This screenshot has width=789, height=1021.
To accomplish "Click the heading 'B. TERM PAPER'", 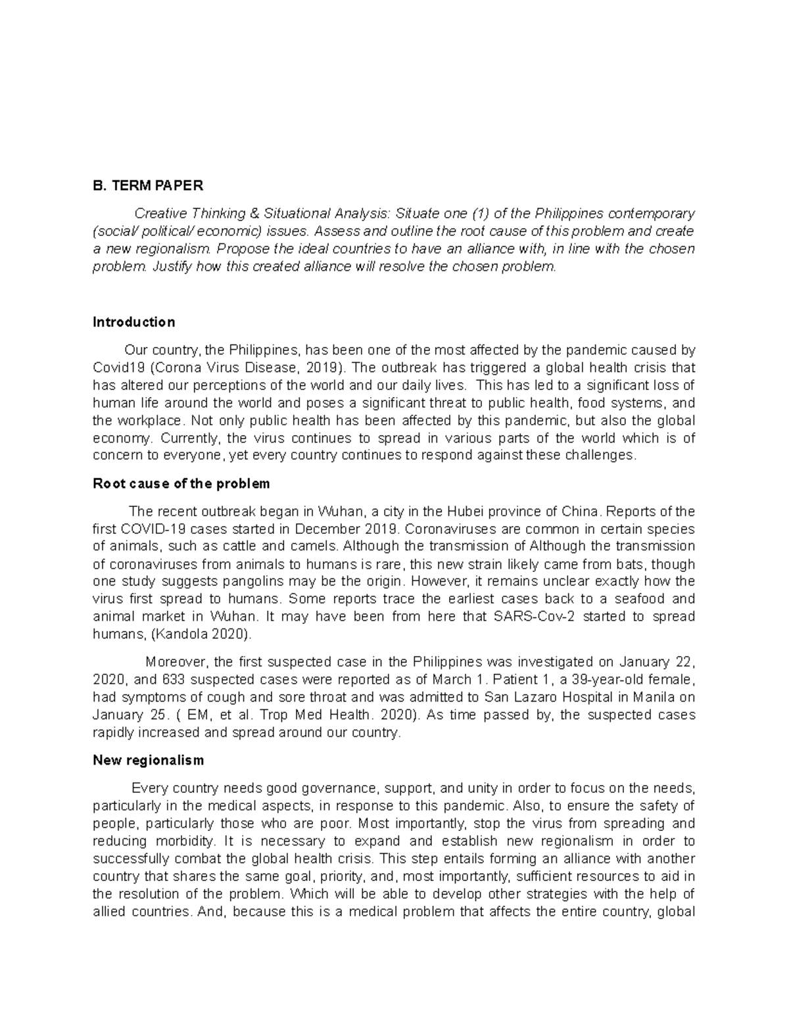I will [x=148, y=185].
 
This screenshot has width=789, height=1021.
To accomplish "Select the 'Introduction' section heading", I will [x=134, y=322].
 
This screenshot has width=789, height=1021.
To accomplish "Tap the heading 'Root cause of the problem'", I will [x=181, y=484].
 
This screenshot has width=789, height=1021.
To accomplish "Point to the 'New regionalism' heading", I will [x=149, y=760].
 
